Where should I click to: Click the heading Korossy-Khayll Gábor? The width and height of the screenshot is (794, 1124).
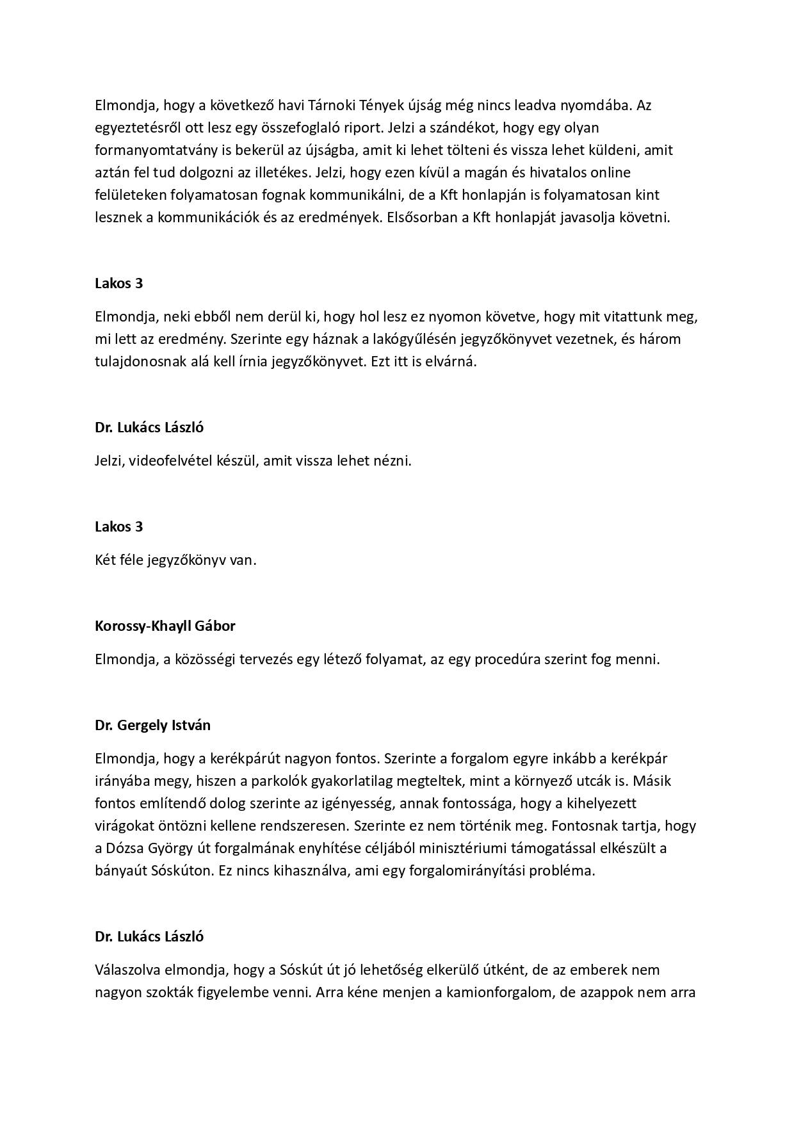[165, 626]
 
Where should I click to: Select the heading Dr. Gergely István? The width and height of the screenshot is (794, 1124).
[152, 725]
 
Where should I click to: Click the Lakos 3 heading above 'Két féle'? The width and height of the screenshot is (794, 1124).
[119, 526]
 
